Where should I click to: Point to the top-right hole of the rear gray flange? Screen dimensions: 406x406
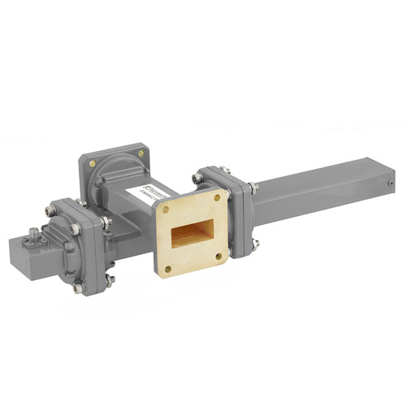pos(141,151)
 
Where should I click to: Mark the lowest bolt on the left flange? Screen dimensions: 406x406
pos(78,287)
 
